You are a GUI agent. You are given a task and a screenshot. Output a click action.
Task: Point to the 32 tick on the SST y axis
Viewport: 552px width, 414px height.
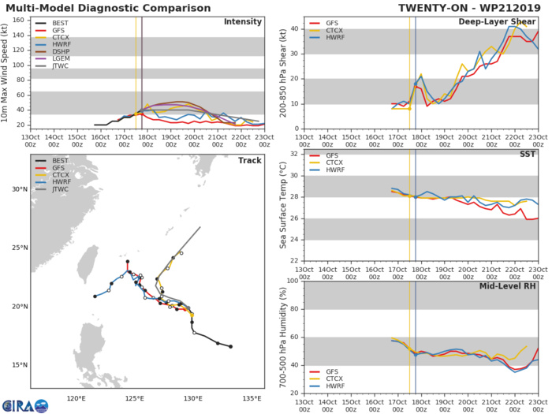292,154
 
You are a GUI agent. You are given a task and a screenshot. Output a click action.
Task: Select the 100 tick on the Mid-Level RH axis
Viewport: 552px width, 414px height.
289,281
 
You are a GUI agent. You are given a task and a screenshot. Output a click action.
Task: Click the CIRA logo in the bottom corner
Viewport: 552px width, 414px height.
24,404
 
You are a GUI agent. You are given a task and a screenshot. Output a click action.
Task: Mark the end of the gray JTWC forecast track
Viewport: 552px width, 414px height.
200,227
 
